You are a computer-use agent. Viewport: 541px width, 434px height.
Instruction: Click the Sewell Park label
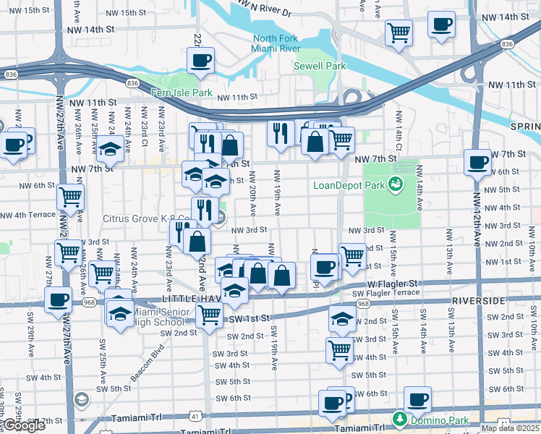point(319,66)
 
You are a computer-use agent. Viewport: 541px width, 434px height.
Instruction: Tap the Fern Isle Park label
point(182,93)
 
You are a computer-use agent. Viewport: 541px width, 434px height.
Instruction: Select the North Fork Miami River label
point(276,43)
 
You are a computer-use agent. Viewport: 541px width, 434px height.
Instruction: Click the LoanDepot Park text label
point(349,185)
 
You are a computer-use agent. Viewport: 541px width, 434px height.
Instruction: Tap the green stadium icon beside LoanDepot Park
point(396,185)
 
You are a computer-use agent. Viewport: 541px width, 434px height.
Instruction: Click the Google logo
point(23,426)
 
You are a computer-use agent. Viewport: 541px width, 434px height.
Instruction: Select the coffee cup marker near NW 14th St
point(440,24)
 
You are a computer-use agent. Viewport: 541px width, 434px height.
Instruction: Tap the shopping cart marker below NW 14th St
point(399,33)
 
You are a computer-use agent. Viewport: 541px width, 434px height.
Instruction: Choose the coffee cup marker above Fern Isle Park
point(202,60)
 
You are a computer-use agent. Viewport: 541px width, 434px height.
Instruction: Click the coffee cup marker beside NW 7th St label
point(477,162)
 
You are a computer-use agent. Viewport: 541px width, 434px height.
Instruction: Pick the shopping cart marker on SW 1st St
point(209,315)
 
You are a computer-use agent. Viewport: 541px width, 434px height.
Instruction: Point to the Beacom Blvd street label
point(148,361)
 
